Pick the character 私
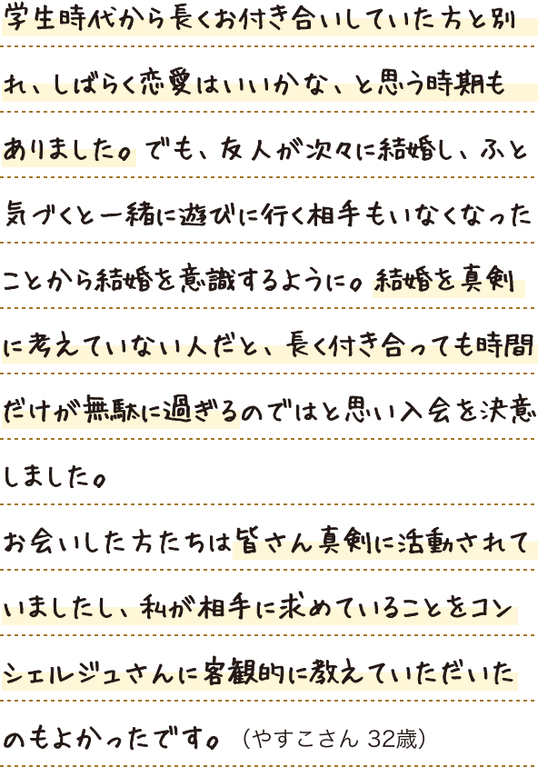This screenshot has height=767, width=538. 152,608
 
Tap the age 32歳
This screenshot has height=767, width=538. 392,739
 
